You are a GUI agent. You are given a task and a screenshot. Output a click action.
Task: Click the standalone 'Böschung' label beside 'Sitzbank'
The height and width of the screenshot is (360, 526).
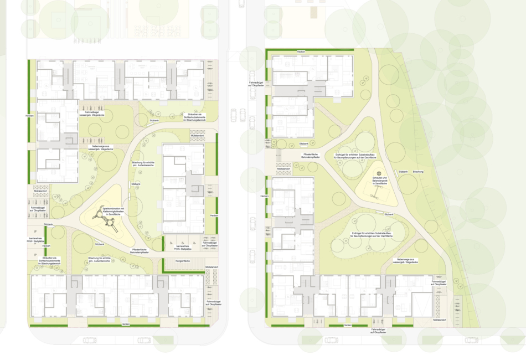(x=418, y=172)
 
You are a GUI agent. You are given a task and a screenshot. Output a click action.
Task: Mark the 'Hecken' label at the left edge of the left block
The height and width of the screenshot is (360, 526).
(x=29, y=116)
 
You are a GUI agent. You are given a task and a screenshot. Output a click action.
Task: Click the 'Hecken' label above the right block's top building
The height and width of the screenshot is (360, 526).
(x=301, y=52)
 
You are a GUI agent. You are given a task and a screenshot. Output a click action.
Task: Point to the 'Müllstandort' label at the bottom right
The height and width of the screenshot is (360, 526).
(x=440, y=320)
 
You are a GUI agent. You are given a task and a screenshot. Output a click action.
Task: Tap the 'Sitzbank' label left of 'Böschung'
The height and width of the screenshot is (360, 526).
(x=403, y=172)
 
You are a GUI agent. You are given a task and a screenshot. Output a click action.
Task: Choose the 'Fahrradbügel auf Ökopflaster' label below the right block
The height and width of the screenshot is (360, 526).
(x=380, y=331)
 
